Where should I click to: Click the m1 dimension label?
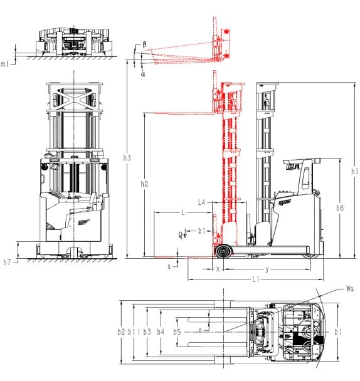pyautogui.click(x=5, y=64)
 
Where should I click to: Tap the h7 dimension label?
pyautogui.click(x=7, y=262)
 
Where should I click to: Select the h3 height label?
pyautogui.click(x=127, y=158)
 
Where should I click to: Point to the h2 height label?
pyautogui.click(x=144, y=184)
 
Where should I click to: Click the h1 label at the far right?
pyautogui.click(x=354, y=171)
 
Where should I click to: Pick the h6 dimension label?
pyautogui.click(x=340, y=207)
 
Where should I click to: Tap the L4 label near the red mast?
pyautogui.click(x=202, y=202)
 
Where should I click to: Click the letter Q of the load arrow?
pyautogui.click(x=180, y=235)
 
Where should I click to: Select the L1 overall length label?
pyautogui.click(x=256, y=279)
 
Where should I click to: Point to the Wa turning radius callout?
pyautogui.click(x=350, y=289)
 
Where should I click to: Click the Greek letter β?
pyautogui.click(x=144, y=44)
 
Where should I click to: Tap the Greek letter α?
pyautogui.click(x=143, y=73)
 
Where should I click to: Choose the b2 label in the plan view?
pyautogui.click(x=121, y=331)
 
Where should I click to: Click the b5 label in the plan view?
pyautogui.click(x=177, y=331)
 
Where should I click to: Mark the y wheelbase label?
pyautogui.click(x=267, y=269)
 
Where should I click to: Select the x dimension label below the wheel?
pyautogui.click(x=218, y=269)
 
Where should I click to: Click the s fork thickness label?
pyautogui.click(x=169, y=266)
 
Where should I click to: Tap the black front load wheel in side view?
pyautogui.click(x=223, y=251)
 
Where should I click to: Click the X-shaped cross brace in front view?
pyautogui.click(x=74, y=98)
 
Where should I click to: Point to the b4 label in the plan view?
pyautogui.click(x=161, y=331)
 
